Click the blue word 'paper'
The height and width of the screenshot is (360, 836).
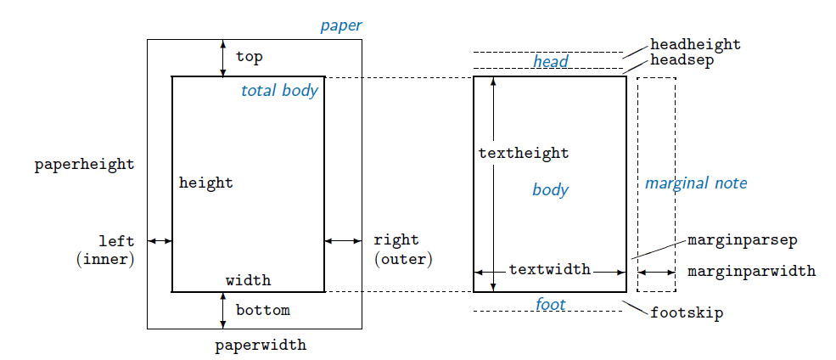(x=340, y=25)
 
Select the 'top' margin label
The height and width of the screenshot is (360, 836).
(x=250, y=57)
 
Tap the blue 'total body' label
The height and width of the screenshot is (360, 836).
(x=279, y=91)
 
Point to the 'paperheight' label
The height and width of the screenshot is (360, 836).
(x=84, y=165)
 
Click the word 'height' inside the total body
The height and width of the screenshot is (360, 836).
(x=205, y=183)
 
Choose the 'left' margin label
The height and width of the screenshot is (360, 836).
(x=116, y=241)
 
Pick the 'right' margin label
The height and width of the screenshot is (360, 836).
(x=396, y=240)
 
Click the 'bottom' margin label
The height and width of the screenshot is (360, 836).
(x=262, y=310)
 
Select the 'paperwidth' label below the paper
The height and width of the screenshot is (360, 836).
(x=261, y=346)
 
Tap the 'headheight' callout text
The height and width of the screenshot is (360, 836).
(x=695, y=44)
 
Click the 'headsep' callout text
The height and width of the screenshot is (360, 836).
(x=682, y=60)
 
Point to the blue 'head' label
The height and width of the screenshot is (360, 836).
(x=550, y=61)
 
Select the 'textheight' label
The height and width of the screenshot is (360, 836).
(x=524, y=154)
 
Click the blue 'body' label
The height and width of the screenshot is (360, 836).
(x=550, y=189)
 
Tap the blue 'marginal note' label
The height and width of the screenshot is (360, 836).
(x=696, y=183)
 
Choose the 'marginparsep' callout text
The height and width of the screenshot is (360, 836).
(x=742, y=240)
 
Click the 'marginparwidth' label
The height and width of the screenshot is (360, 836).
(x=751, y=272)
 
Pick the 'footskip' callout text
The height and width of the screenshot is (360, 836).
(x=687, y=313)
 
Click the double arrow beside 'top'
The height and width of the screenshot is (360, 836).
(x=223, y=58)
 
